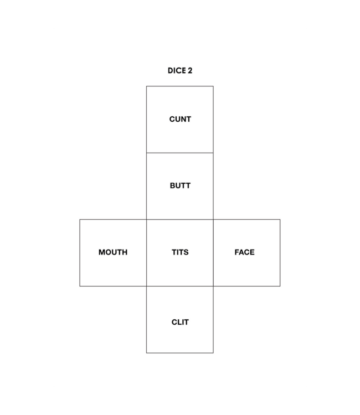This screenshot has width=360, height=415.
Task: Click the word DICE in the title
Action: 177,71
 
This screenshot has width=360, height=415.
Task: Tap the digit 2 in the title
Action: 190,71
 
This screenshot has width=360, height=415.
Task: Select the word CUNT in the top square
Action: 180,120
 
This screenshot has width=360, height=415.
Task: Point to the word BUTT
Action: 180,186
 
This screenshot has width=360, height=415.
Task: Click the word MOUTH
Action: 113,252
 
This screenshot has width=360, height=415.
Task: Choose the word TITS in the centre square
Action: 180,252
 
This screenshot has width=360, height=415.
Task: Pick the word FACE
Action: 244,252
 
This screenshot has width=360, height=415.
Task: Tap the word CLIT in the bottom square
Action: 180,322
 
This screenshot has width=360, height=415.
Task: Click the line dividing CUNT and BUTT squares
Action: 180,153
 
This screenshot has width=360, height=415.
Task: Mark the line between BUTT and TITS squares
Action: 180,220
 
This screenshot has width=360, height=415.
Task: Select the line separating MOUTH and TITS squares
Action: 146,253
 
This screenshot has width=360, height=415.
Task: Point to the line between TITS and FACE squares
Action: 213,253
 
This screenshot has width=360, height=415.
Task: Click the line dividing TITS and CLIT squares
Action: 180,286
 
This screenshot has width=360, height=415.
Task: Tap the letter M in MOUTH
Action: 102,252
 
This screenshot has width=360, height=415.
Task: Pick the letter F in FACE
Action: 237,252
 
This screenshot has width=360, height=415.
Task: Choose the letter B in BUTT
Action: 172,186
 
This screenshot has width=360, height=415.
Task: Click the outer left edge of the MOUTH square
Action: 80,253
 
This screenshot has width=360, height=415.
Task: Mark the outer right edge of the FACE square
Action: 280,253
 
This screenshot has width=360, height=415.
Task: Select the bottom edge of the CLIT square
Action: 180,353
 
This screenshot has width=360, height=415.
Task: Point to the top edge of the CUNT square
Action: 180,86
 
